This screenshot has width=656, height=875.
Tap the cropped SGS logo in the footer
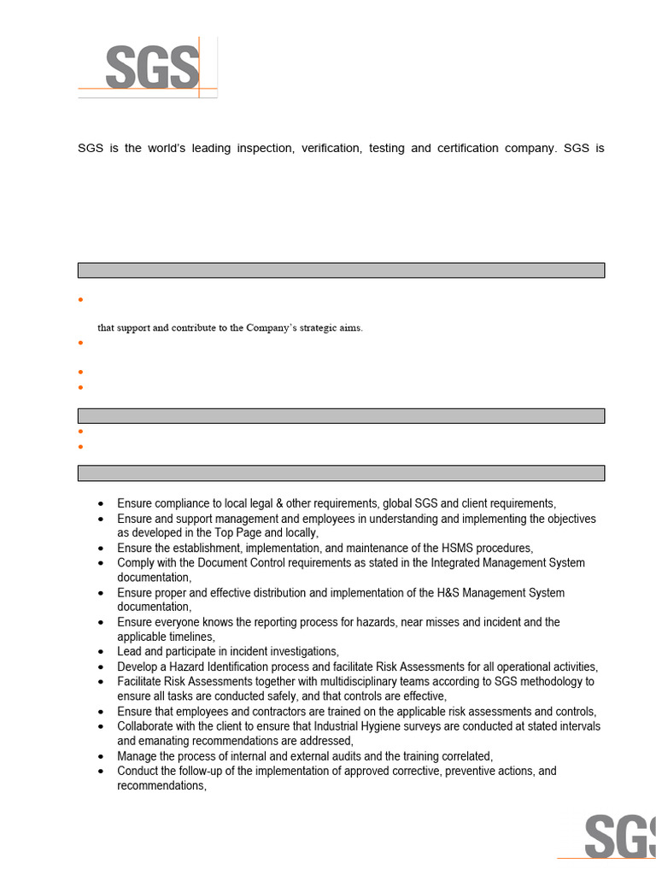coord(618,837)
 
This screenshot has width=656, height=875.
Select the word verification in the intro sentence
coord(332,149)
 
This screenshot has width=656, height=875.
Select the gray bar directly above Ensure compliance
coord(341,473)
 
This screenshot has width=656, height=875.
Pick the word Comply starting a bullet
coord(137,563)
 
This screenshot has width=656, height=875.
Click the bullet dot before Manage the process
coord(102,757)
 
